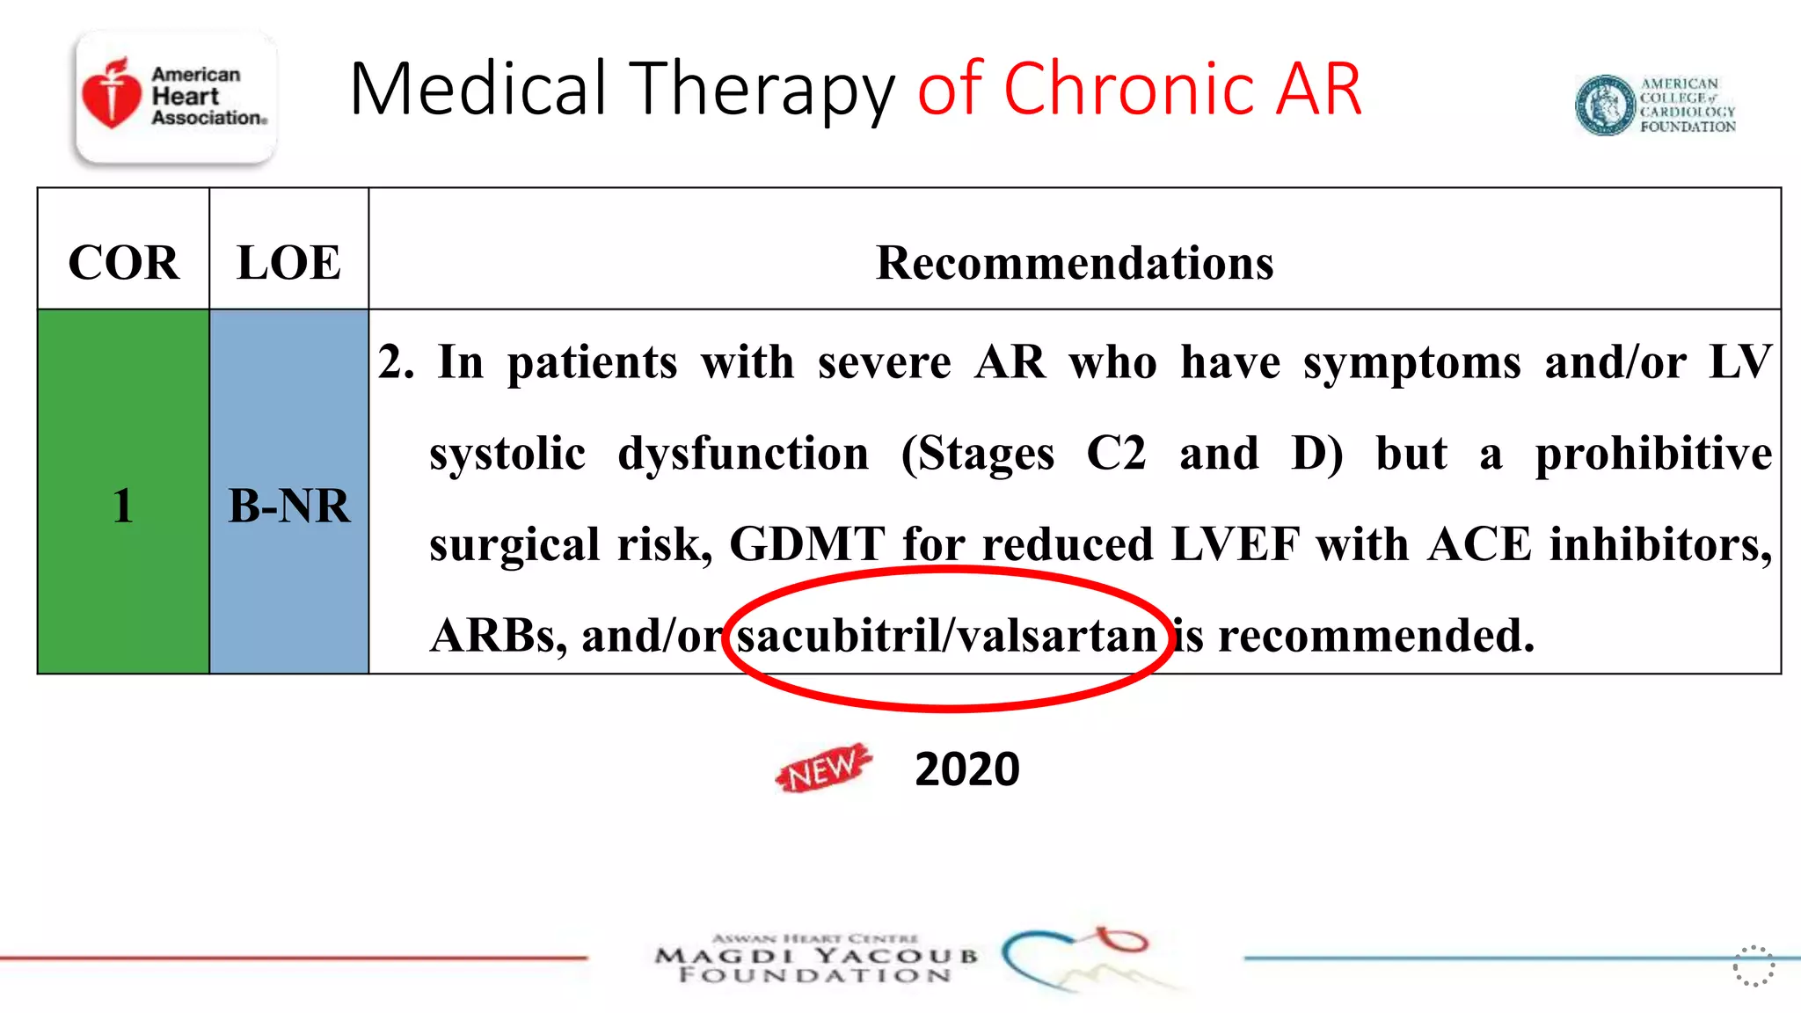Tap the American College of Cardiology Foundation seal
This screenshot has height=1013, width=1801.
click(x=1605, y=106)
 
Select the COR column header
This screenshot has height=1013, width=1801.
click(x=123, y=263)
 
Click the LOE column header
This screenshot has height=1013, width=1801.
click(x=288, y=263)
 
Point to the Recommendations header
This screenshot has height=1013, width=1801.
click(x=1075, y=263)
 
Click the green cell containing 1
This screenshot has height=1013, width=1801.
click(x=123, y=506)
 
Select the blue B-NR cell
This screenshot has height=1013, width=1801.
click(x=288, y=506)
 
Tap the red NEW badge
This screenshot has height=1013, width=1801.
click(x=823, y=769)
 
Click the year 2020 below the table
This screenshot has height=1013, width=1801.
click(x=966, y=769)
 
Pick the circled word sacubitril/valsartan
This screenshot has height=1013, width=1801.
click(x=947, y=635)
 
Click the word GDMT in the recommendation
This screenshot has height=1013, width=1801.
click(x=807, y=544)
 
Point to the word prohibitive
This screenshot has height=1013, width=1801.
click(x=1653, y=455)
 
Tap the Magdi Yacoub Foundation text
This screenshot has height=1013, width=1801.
click(x=816, y=964)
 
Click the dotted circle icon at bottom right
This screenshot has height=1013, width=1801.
click(x=1754, y=966)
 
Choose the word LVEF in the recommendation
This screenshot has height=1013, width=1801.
click(x=1236, y=544)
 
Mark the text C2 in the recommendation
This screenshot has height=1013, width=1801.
click(x=1116, y=454)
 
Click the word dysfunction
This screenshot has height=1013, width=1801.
click(x=743, y=454)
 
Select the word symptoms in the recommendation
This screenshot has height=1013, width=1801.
click(x=1411, y=363)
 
